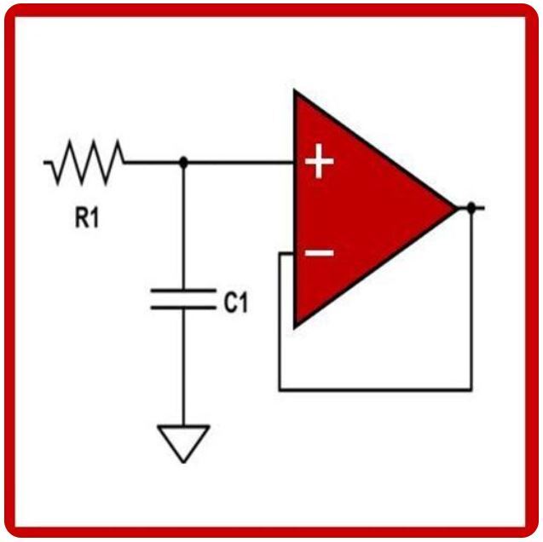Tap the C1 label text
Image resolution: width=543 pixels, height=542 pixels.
[236, 302]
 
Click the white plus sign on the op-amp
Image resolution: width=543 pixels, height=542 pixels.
[319, 161]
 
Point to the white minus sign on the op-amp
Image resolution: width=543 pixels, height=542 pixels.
[319, 252]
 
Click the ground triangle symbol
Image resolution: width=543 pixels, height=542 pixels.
[183, 441]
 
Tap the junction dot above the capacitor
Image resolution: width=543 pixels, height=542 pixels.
[183, 161]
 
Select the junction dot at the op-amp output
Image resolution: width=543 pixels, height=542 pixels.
[470, 207]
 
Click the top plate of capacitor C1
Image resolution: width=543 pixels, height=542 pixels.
[182, 292]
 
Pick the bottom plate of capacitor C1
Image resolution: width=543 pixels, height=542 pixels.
[182, 307]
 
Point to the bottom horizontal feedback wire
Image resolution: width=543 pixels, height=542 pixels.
[375, 390]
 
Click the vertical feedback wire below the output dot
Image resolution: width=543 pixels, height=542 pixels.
[471, 298]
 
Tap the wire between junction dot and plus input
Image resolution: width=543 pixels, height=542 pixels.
[239, 161]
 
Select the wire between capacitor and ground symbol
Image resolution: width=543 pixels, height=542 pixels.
[183, 366]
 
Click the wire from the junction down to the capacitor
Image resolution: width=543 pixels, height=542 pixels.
[183, 226]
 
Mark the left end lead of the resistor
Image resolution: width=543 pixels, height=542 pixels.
[48, 161]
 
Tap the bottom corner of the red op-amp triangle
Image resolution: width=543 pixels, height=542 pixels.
[297, 325]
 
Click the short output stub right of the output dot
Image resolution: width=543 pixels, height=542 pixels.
[480, 207]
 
